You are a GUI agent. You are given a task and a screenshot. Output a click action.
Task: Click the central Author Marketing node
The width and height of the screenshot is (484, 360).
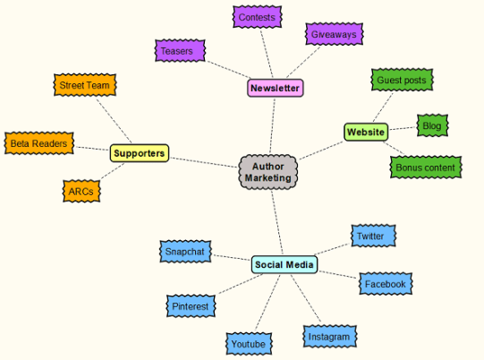pos(268,171)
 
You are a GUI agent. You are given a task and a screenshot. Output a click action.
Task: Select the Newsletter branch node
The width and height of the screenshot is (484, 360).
pos(275,88)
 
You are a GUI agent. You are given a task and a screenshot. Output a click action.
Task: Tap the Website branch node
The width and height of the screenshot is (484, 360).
pos(365,133)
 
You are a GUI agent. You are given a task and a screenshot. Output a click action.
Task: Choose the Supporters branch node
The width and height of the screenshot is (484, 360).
pos(140,153)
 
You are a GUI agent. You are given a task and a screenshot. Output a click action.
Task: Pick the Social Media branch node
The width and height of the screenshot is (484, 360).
pos(284,264)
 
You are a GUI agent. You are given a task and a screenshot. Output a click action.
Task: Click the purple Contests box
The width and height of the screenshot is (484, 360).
pos(257,16)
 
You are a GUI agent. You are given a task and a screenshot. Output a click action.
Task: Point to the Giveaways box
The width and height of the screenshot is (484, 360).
pos(334,35)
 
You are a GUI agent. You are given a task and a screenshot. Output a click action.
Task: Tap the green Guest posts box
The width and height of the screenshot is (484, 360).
pos(402,80)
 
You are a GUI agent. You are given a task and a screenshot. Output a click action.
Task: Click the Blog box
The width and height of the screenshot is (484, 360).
pos(431,126)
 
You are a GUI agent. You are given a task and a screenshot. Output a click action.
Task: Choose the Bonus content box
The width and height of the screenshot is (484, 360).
pos(426,167)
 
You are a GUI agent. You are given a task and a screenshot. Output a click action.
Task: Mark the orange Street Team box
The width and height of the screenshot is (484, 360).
pos(85,85)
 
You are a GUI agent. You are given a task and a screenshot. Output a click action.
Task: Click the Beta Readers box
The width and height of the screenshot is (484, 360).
pos(38,143)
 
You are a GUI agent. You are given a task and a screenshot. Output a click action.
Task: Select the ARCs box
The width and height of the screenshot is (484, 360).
pos(81,191)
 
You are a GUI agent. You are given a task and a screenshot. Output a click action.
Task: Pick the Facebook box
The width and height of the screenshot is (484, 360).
pos(386,284)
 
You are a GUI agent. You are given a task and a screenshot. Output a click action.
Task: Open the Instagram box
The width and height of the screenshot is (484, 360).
pos(328,338)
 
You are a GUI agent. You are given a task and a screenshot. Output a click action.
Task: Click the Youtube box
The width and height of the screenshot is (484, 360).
pos(247,343)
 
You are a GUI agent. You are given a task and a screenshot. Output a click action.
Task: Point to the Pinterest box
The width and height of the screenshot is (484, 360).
pos(191,306)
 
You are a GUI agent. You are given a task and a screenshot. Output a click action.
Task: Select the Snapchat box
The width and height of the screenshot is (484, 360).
pos(185,252)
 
